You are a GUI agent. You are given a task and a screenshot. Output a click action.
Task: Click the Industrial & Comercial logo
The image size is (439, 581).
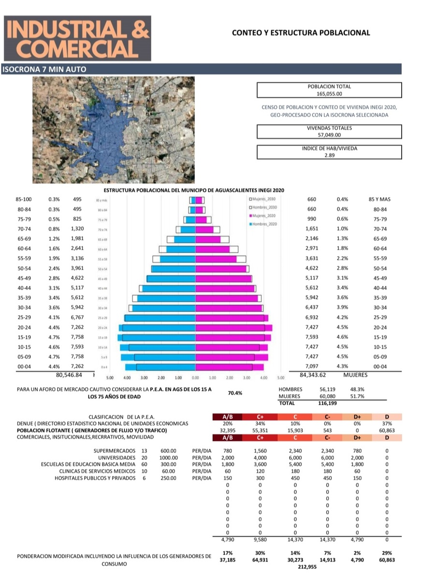[x=77, y=38]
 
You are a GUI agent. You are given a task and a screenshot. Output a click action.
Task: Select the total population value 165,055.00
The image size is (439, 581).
[x=329, y=94]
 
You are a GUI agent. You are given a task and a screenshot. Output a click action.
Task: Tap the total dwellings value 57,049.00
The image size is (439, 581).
[x=329, y=135]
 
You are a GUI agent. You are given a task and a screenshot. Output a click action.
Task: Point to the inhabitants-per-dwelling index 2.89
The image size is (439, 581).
[x=329, y=155]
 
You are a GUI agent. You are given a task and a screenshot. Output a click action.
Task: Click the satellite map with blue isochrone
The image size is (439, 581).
[x=114, y=130]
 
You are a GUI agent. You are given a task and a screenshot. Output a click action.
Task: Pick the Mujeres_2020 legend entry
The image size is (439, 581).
[x=263, y=215]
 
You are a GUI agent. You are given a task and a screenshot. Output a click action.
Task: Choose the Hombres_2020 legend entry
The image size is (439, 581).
[x=263, y=224]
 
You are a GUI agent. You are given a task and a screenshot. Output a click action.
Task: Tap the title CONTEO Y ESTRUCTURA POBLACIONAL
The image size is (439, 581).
[x=301, y=33]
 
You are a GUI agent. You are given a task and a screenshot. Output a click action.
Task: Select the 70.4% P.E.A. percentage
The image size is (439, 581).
[x=235, y=393]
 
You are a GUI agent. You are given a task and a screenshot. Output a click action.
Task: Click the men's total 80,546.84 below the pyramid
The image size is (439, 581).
[x=70, y=375]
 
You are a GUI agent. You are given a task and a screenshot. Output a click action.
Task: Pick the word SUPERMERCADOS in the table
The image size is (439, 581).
[x=115, y=451]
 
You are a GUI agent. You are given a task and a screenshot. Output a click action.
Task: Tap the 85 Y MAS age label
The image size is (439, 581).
[x=379, y=199]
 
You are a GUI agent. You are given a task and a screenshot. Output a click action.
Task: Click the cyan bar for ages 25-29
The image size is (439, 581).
[x=160, y=318]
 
